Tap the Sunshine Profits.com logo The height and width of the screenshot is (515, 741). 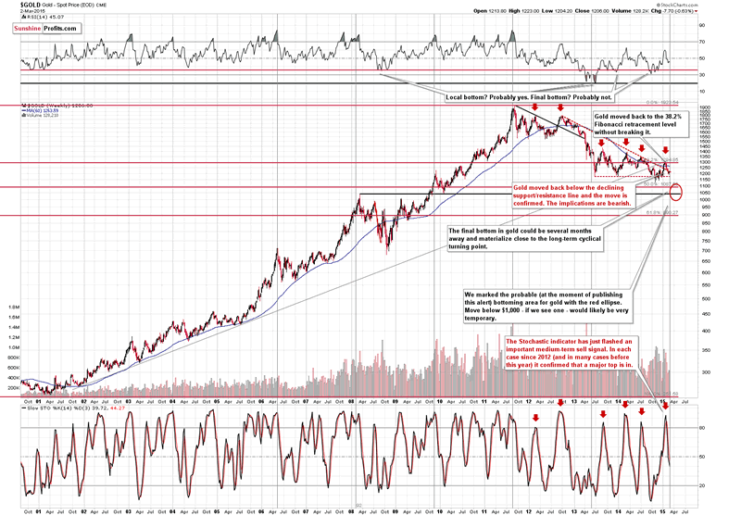coord(46,29)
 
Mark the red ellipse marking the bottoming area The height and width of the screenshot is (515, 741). coord(677,193)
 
